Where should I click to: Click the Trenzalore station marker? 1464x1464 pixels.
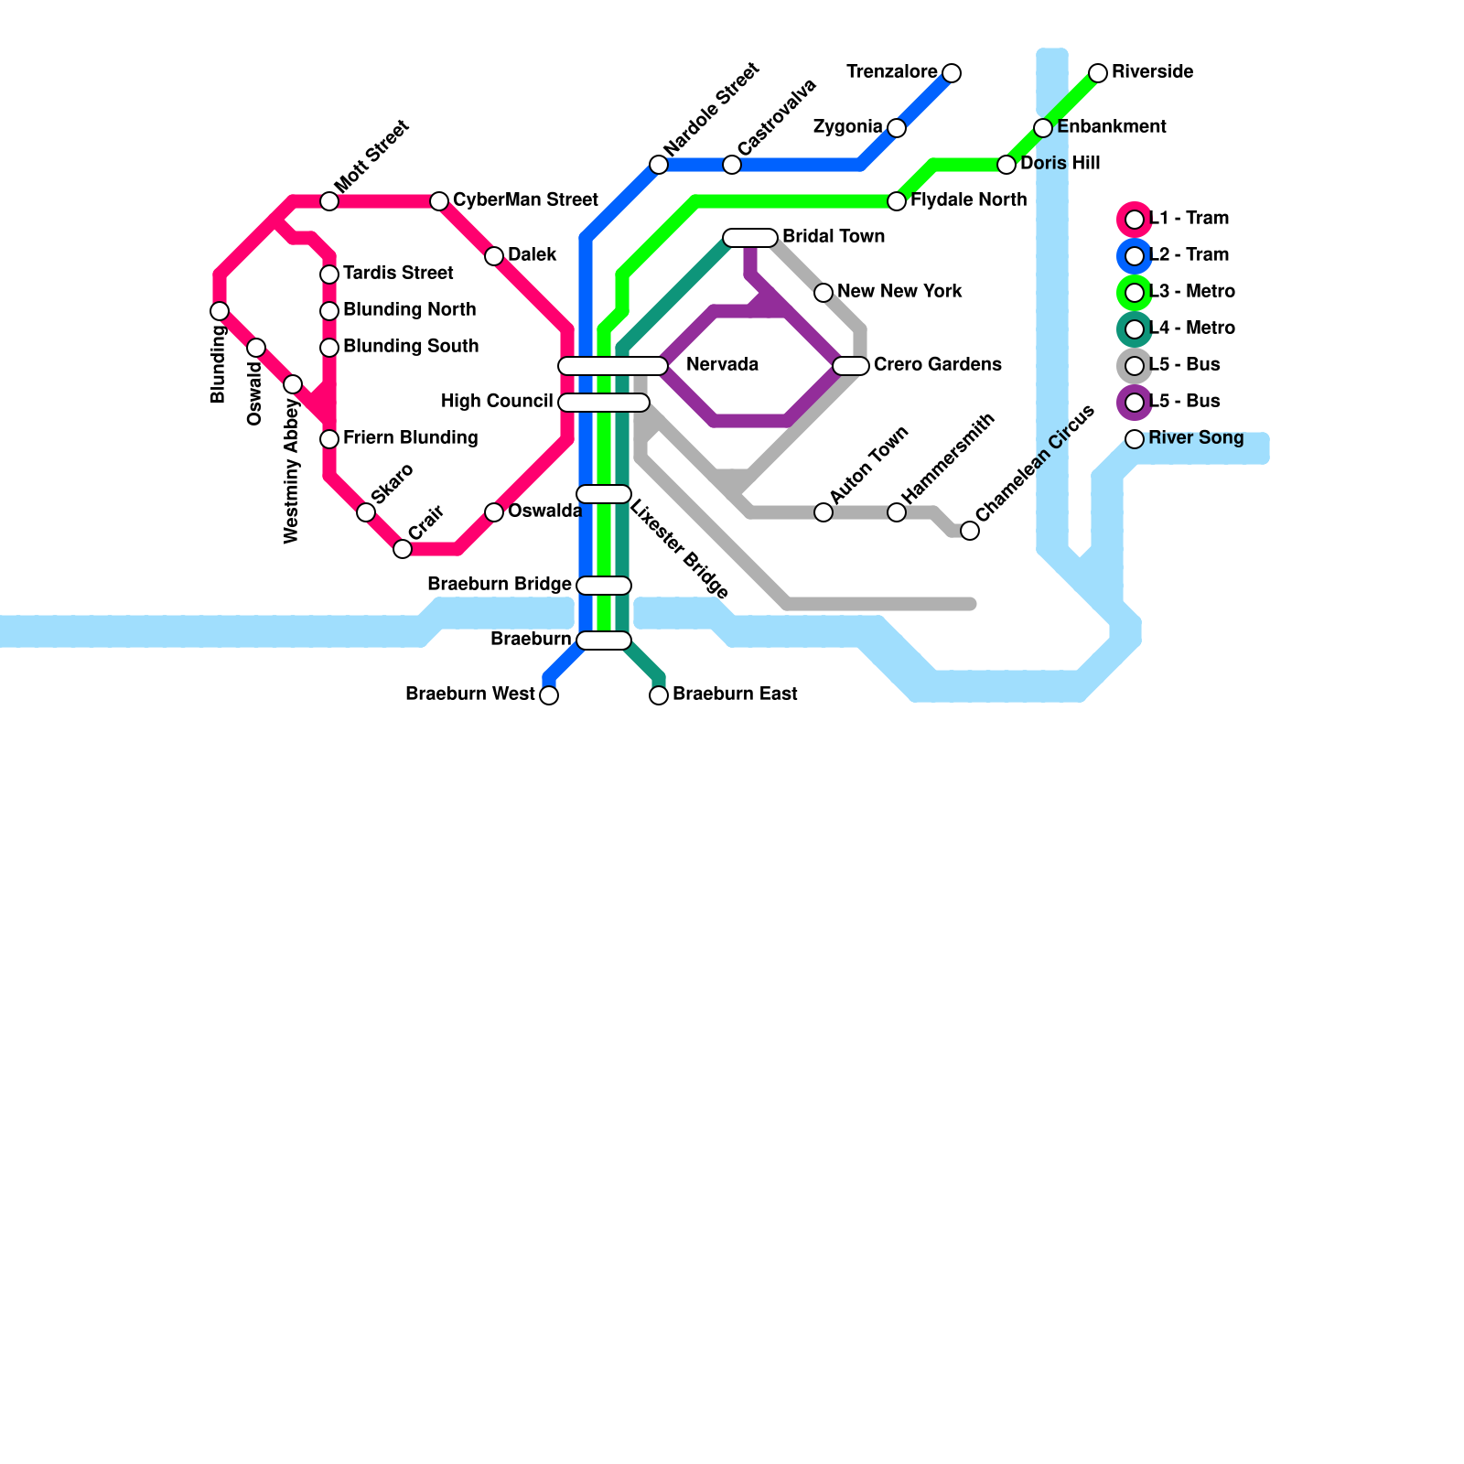pyautogui.click(x=952, y=73)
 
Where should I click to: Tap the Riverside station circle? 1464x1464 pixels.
pyautogui.click(x=1098, y=73)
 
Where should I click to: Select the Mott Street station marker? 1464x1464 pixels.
pyautogui.click(x=329, y=201)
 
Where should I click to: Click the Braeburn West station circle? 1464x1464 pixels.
pyautogui.click(x=549, y=695)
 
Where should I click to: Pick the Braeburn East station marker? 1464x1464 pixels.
pyautogui.click(x=659, y=695)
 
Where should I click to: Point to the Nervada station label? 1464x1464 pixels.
pyautogui.click(x=722, y=365)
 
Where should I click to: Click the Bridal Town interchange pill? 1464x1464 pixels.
pyautogui.click(x=750, y=238)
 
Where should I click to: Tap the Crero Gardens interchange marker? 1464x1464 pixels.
pyautogui.click(x=851, y=366)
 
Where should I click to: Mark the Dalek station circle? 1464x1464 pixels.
pyautogui.click(x=494, y=256)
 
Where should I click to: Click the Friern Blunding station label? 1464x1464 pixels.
pyautogui.click(x=410, y=438)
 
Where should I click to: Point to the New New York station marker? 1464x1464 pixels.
pyautogui.click(x=823, y=293)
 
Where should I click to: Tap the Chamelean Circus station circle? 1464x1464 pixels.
pyautogui.click(x=970, y=531)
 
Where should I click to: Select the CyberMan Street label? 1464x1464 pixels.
pyautogui.click(x=525, y=200)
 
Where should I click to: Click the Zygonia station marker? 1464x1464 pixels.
pyautogui.click(x=897, y=128)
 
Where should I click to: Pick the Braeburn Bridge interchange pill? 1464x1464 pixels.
pyautogui.click(x=604, y=586)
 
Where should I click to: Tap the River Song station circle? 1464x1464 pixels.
pyautogui.click(x=1135, y=439)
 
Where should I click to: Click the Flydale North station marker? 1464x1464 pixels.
pyautogui.click(x=897, y=201)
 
